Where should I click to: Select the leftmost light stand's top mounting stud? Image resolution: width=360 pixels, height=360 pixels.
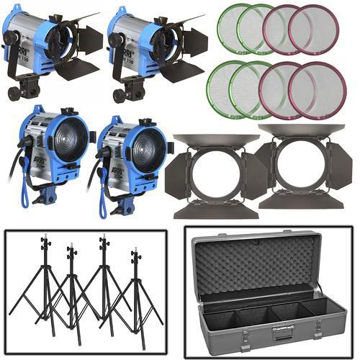[x=45, y=237]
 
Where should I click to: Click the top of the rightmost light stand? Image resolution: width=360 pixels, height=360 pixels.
[x=135, y=251]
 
